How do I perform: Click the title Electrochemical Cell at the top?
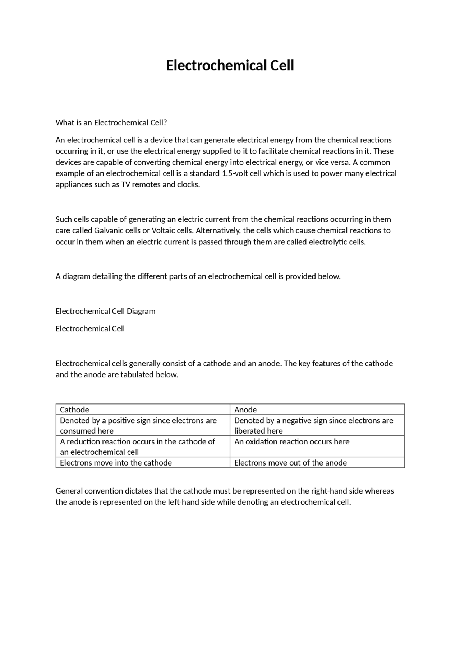230,66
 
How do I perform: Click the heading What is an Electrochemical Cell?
111,123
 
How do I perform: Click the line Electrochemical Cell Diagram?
105,311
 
